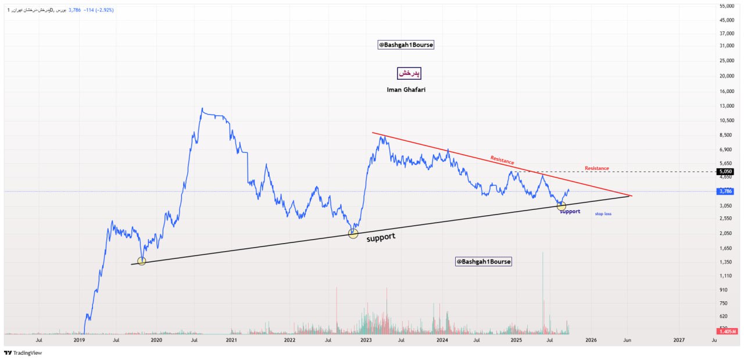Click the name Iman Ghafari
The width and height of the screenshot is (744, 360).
tap(406, 90)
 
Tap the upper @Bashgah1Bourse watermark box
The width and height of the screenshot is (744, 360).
tap(406, 45)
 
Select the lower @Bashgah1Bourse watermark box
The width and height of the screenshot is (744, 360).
tap(484, 262)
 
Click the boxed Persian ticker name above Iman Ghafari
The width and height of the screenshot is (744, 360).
tap(409, 73)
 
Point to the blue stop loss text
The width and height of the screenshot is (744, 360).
tap(603, 214)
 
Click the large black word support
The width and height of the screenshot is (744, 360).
tap(381, 237)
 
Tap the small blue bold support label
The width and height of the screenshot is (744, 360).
tap(570, 212)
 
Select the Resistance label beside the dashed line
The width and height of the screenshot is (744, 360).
tap(596, 169)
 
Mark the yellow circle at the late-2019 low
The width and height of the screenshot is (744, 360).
tap(141, 261)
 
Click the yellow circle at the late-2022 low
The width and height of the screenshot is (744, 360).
tap(353, 233)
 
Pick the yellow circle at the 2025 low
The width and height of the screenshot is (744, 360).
tap(561, 206)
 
